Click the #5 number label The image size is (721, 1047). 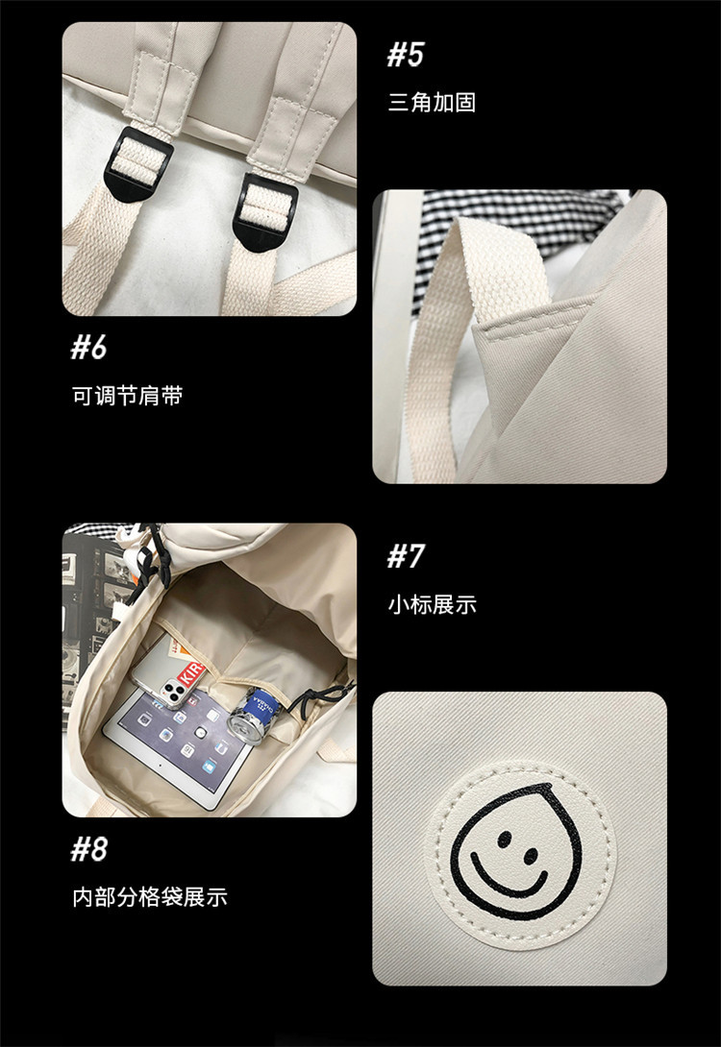pos(405,55)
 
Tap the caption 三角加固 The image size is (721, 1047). pos(432,103)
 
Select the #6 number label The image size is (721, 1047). pos(88,347)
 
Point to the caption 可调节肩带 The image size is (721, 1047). pos(127,395)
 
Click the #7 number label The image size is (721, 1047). pos(405,556)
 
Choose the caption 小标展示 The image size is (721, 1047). pos(432,604)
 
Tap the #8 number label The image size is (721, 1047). pos(88,849)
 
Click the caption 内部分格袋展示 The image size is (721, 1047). pos(149,897)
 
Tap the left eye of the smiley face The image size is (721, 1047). pos(503,839)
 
